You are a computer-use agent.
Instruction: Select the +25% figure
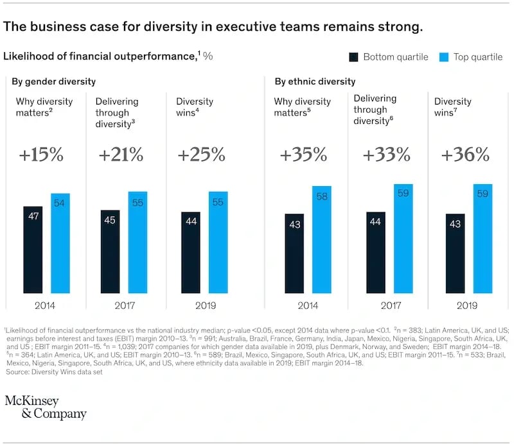(x=201, y=155)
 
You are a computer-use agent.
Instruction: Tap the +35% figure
(x=303, y=155)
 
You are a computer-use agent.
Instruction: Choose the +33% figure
(x=386, y=155)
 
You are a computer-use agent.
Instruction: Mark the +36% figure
(x=465, y=155)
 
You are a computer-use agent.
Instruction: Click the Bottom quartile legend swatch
(x=353, y=57)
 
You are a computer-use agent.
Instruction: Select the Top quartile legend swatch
(x=443, y=57)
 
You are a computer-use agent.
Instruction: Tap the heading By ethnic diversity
(x=315, y=81)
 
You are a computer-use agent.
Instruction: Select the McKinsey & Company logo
(x=45, y=407)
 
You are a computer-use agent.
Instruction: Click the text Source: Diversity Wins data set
(x=59, y=371)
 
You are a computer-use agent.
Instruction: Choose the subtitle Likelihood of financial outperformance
(x=100, y=56)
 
